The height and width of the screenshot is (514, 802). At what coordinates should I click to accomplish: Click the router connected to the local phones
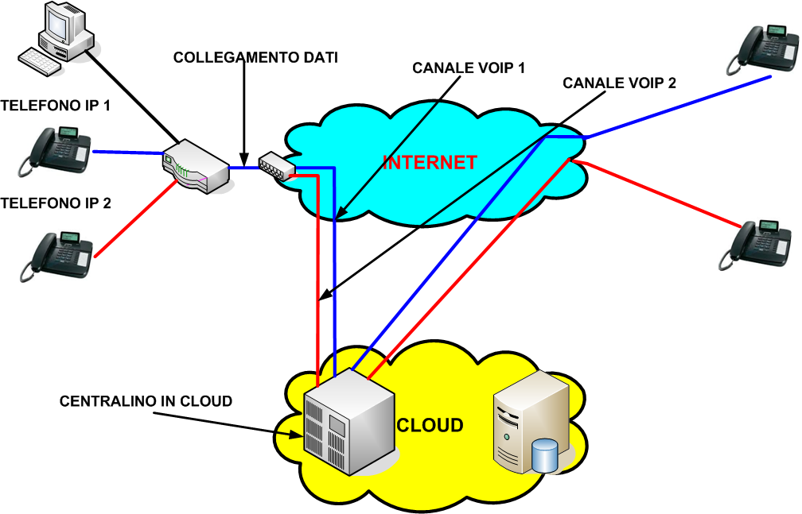(196, 166)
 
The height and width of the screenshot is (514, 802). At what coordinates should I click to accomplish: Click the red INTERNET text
(430, 163)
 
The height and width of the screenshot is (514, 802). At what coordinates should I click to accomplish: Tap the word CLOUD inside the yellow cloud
(430, 426)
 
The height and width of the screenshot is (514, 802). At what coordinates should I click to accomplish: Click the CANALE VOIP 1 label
(469, 68)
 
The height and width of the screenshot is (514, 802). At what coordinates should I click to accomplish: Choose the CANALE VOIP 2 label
(619, 83)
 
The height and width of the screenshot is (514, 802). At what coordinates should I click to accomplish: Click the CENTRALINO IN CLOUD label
(146, 401)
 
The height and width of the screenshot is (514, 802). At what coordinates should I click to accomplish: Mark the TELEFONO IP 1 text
(56, 106)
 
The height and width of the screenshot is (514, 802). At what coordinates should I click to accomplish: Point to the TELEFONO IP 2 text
(56, 203)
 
